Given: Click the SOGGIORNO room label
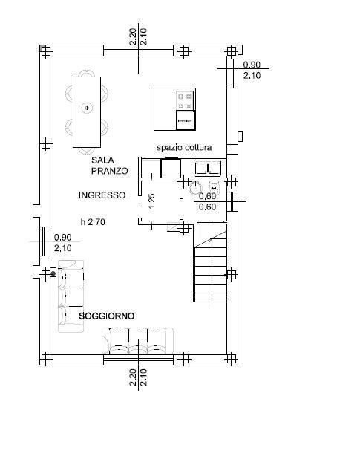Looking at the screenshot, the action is pyautogui.click(x=106, y=316).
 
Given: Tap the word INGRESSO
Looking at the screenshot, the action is pyautogui.click(x=102, y=195).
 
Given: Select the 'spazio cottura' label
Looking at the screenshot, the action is pyautogui.click(x=184, y=147).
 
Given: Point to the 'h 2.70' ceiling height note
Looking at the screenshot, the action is pyautogui.click(x=93, y=222).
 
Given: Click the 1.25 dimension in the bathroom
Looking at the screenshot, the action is pyautogui.click(x=151, y=201).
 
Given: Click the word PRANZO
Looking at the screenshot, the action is pyautogui.click(x=109, y=171).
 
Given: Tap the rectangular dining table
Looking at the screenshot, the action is pyautogui.click(x=87, y=112).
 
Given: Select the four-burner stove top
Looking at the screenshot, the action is pyautogui.click(x=186, y=101).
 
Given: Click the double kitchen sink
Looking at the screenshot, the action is pyautogui.click(x=208, y=168).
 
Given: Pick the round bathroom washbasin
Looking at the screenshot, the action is pyautogui.click(x=195, y=188).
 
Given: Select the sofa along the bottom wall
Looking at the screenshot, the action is pyautogui.click(x=137, y=340).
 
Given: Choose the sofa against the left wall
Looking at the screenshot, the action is pyautogui.click(x=71, y=296).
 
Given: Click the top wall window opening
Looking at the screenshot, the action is pyautogui.click(x=138, y=51).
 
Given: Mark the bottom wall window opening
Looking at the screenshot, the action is pyautogui.click(x=138, y=360).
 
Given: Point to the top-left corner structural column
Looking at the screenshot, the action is pyautogui.click(x=45, y=51).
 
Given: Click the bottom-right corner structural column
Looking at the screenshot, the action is pyautogui.click(x=232, y=359).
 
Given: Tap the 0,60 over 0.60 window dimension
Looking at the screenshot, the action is pyautogui.click(x=208, y=201).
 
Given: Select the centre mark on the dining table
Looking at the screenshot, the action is pyautogui.click(x=87, y=108).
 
